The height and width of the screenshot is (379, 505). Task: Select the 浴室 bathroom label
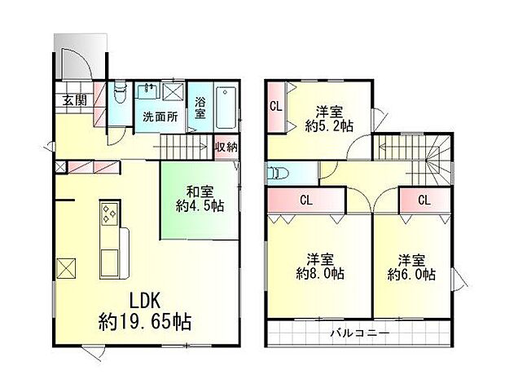coord(200,108)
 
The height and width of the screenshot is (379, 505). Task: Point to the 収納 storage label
coord(226,148)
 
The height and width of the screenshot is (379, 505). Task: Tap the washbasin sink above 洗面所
coord(148,90)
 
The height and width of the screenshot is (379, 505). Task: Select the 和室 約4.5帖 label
coord(199,200)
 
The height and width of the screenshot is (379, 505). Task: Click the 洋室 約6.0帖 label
coord(412,267)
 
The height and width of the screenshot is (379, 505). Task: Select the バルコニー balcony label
coord(359,334)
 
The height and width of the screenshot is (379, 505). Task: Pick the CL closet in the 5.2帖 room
coord(275,105)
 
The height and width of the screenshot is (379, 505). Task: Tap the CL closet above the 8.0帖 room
coord(305,199)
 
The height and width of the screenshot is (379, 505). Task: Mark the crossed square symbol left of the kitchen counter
coord(67,267)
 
